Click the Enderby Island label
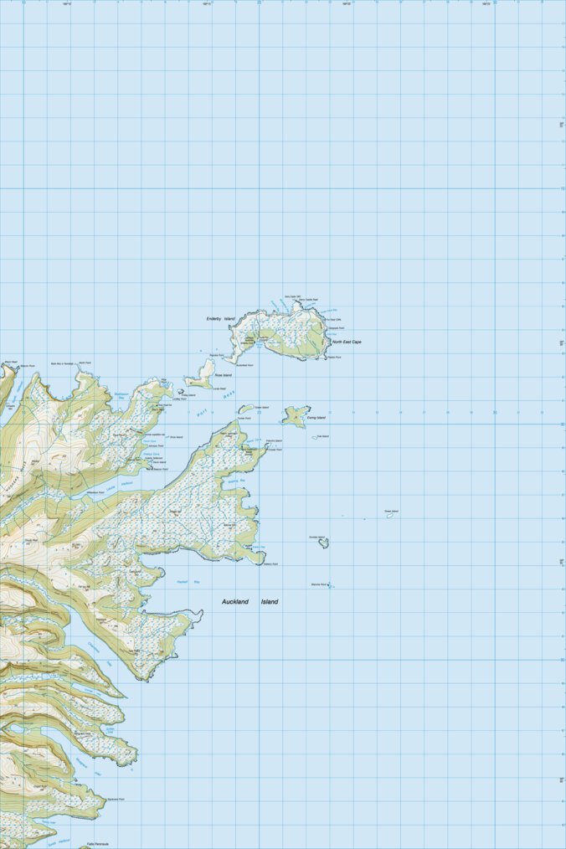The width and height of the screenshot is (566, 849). click(x=220, y=319)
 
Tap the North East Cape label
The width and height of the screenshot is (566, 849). click(x=347, y=342)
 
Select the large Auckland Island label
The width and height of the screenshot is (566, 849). click(x=250, y=601)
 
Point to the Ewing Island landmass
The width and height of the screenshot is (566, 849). click(x=294, y=414)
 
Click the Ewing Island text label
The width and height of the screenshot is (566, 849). click(x=316, y=417)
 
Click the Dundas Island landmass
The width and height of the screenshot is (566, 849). click(x=323, y=543)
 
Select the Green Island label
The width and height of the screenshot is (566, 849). click(x=391, y=511)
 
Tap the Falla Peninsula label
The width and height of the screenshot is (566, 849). click(x=98, y=843)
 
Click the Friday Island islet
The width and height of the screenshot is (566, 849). click(x=181, y=390)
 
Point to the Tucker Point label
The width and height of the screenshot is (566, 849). click(x=244, y=418)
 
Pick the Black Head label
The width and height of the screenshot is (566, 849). click(x=10, y=363)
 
